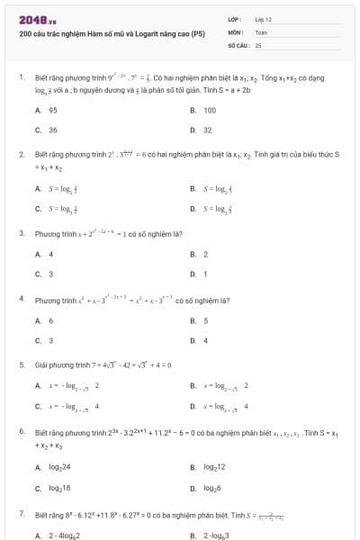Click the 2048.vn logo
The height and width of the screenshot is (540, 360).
click(x=31, y=20)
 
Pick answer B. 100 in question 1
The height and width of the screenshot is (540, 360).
click(x=204, y=110)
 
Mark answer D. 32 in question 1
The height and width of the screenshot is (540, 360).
click(x=202, y=130)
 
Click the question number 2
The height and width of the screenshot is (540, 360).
click(x=21, y=154)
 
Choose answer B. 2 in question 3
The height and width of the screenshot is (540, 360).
click(x=200, y=254)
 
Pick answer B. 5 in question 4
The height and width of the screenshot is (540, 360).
click(x=200, y=320)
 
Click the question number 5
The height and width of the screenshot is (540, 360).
click(x=21, y=364)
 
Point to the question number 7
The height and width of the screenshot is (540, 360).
click(x=21, y=512)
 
